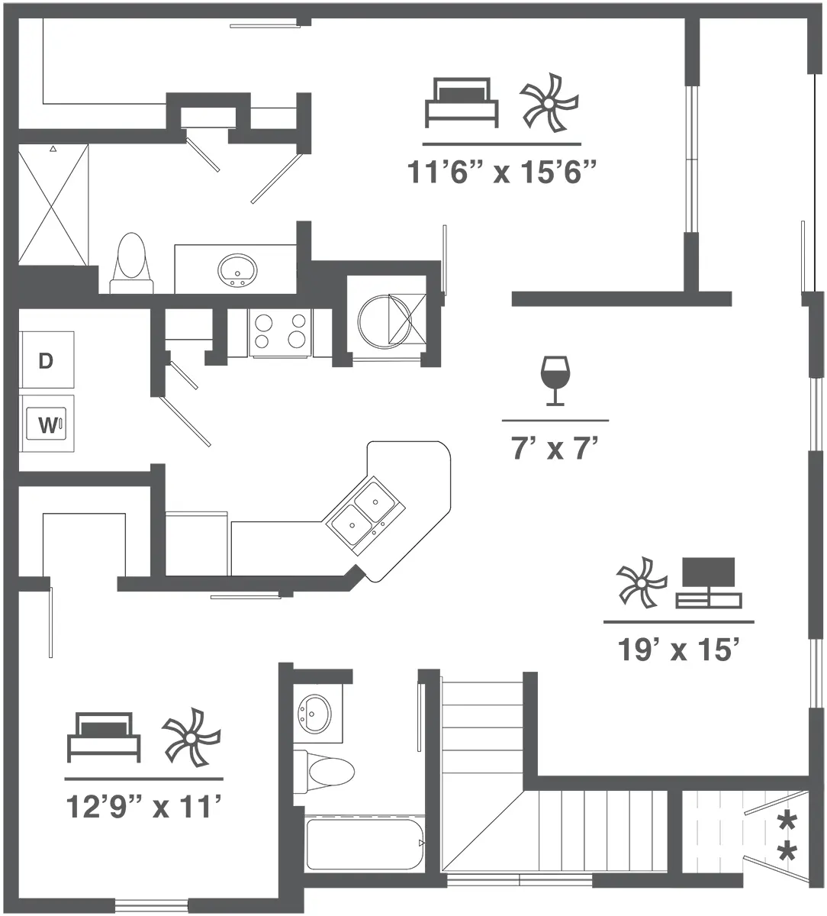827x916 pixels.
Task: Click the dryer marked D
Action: (x=46, y=361)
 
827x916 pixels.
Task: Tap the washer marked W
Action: (x=47, y=425)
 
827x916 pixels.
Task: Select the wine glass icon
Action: (x=555, y=379)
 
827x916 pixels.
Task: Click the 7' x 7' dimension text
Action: (x=555, y=449)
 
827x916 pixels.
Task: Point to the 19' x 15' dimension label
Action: (x=679, y=650)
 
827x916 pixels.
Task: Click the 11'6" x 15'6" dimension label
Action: (x=501, y=173)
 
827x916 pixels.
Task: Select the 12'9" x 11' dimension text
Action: (x=143, y=807)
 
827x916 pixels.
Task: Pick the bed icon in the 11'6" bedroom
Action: (x=461, y=102)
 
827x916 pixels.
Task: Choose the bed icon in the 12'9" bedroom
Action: (x=104, y=737)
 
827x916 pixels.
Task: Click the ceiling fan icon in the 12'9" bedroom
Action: (x=191, y=737)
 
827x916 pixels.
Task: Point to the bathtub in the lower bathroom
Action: (x=365, y=843)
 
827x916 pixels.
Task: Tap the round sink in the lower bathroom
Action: (x=315, y=713)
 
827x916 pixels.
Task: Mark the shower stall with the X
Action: (x=53, y=205)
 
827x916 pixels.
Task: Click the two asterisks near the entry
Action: (x=786, y=837)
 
